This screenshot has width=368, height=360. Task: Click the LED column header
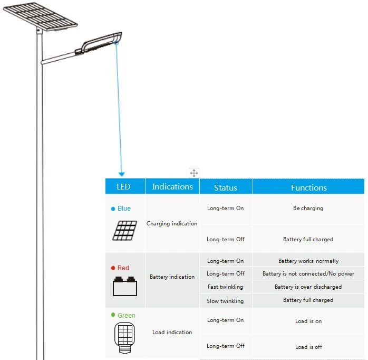pos(123,186)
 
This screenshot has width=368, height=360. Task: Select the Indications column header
pos(172,186)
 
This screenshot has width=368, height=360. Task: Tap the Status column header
pos(226,187)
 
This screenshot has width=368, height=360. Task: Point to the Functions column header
pos(309,187)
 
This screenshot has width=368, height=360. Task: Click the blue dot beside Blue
pos(113,209)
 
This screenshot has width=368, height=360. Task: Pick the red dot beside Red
pos(113,268)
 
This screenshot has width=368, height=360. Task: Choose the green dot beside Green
pos(113,315)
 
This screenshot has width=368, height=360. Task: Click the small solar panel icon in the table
pos(124,231)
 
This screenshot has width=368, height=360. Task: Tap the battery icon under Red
pos(125,286)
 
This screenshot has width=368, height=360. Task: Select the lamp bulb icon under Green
pos(124,338)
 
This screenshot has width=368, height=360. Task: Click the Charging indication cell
pos(172,223)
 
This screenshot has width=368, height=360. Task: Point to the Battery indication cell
pos(172,277)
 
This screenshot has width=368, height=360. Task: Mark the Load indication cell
pos(172,332)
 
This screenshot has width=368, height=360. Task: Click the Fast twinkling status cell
pos(225,287)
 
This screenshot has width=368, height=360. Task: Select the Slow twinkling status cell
pos(225,301)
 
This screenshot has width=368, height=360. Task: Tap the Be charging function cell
pos(308,208)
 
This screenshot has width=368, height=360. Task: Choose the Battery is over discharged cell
pos(308,287)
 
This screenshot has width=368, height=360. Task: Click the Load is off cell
pos(308,347)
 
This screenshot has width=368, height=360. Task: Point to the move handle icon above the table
pos(194,173)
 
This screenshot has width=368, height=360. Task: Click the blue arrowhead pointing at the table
pos(122,174)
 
